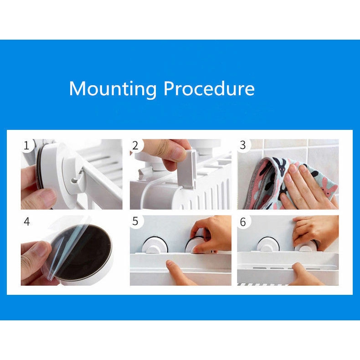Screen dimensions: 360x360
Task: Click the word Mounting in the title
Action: tap(113, 89)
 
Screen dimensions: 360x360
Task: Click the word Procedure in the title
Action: tap(209, 88)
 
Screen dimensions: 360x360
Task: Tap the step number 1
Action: tap(26, 146)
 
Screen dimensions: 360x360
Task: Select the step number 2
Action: tap(135, 146)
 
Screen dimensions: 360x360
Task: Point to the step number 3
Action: tap(243, 145)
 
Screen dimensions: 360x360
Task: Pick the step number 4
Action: tap(27, 222)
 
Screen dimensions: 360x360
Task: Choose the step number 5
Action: tap(135, 221)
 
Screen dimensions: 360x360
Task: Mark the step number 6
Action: tap(243, 222)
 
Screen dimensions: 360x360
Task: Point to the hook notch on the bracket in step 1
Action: tap(75, 180)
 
